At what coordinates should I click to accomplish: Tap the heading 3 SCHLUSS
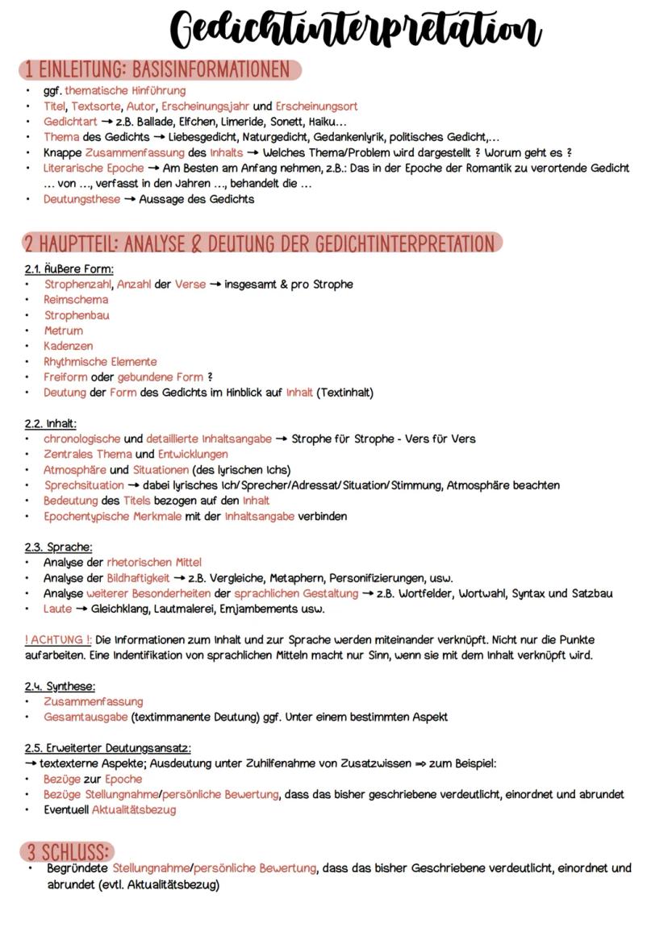click(x=68, y=852)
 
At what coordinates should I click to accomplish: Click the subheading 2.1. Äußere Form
click(x=69, y=268)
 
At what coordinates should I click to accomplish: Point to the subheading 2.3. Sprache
click(x=58, y=547)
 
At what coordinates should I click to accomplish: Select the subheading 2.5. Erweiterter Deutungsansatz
click(x=107, y=748)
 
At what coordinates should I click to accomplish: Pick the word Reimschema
click(x=76, y=299)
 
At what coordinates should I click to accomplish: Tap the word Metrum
click(x=63, y=331)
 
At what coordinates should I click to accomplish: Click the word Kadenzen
click(x=68, y=346)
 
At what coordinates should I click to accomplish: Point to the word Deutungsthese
click(x=81, y=199)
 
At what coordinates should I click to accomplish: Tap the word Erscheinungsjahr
click(x=206, y=106)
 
